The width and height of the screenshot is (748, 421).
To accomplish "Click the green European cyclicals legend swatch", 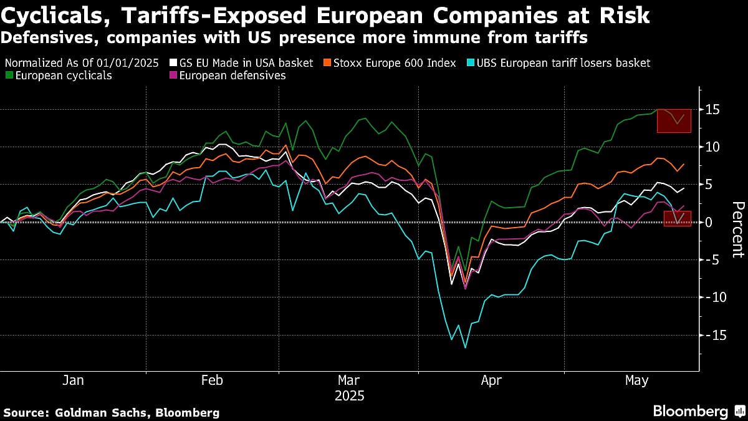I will tap(8, 75).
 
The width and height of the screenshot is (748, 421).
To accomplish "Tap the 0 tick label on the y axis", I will tap(709, 223).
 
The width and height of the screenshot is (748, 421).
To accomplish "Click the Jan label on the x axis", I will tap(74, 380).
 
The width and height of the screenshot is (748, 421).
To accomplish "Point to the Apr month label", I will tap(491, 380).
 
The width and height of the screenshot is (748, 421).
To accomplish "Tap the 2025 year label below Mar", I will tap(349, 396).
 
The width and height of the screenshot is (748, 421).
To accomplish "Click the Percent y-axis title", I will tap(737, 229).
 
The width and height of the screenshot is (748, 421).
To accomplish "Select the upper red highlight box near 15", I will tap(674, 120).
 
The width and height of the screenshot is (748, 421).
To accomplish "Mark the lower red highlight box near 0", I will tap(677, 218).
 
